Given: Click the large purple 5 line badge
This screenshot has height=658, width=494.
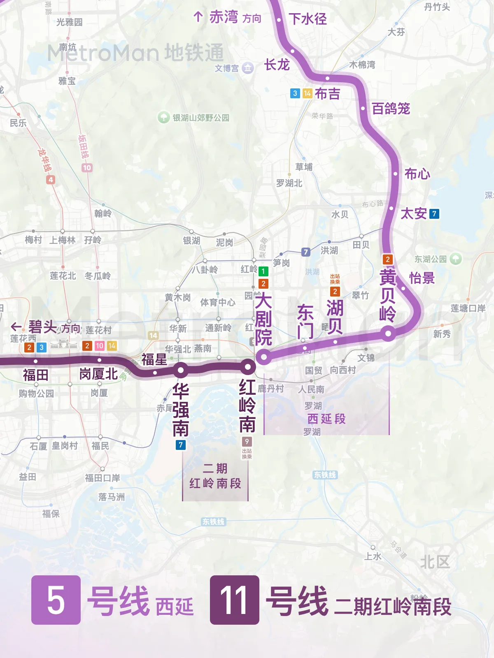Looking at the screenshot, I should [x=56, y=600].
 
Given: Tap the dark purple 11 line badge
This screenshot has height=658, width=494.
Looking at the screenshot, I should [x=235, y=600].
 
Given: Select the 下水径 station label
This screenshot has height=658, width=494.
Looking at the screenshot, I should [x=308, y=19].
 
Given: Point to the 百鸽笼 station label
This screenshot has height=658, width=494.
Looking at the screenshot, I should [x=391, y=109].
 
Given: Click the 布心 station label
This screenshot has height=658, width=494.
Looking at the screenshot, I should [x=417, y=174].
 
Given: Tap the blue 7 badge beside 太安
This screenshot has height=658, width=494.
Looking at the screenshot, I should [x=434, y=214].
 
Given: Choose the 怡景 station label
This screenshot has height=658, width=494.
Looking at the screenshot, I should [x=422, y=278].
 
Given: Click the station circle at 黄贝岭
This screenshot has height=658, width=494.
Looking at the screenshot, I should [x=388, y=333].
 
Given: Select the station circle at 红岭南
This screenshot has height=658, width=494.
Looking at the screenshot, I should [x=248, y=366].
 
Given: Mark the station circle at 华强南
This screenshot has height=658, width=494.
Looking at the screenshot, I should [x=181, y=370].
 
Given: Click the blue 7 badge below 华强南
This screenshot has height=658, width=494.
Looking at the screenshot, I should [x=180, y=445].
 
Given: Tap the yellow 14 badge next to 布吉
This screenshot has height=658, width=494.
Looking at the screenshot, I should [x=307, y=93].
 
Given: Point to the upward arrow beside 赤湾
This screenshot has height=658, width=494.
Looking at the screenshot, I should [x=198, y=17].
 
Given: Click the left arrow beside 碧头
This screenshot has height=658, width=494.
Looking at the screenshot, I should [x=16, y=327].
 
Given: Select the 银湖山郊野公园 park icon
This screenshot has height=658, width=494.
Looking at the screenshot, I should [x=164, y=118].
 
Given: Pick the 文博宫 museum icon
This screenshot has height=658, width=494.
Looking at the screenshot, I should [x=247, y=68].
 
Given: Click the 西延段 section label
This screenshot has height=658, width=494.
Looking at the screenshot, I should [x=326, y=419].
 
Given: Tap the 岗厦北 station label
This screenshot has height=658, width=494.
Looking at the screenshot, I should [x=99, y=374].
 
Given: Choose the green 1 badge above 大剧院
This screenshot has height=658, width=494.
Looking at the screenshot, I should [x=263, y=271].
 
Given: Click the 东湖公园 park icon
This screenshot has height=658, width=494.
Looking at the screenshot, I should [x=455, y=259].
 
